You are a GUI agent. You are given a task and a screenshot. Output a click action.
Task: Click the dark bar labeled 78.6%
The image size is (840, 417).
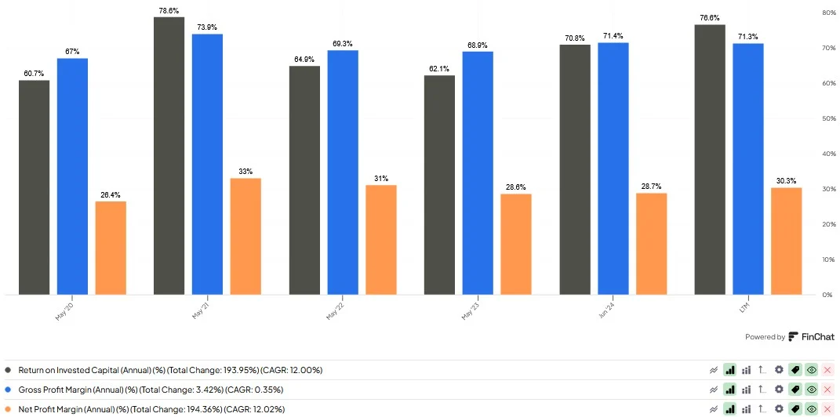(x=169, y=156)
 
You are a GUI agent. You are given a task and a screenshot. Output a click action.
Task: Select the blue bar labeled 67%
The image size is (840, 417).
(x=72, y=176)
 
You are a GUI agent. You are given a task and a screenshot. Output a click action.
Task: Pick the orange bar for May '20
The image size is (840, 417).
(x=111, y=248)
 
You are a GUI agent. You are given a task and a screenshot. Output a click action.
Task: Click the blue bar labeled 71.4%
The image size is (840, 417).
(x=613, y=169)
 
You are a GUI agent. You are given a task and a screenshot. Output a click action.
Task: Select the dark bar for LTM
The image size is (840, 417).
(x=710, y=160)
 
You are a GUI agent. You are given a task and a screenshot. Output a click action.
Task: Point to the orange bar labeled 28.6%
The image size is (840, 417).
(x=516, y=244)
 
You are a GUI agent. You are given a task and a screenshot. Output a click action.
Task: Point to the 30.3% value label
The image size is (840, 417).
(x=787, y=181)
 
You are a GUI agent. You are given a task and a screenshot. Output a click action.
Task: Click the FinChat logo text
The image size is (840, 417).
(x=817, y=336)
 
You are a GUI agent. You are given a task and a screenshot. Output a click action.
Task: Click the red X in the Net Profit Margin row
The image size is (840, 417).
(x=827, y=409)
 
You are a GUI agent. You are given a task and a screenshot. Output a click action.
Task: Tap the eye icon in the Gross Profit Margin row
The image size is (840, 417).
(x=812, y=390)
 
